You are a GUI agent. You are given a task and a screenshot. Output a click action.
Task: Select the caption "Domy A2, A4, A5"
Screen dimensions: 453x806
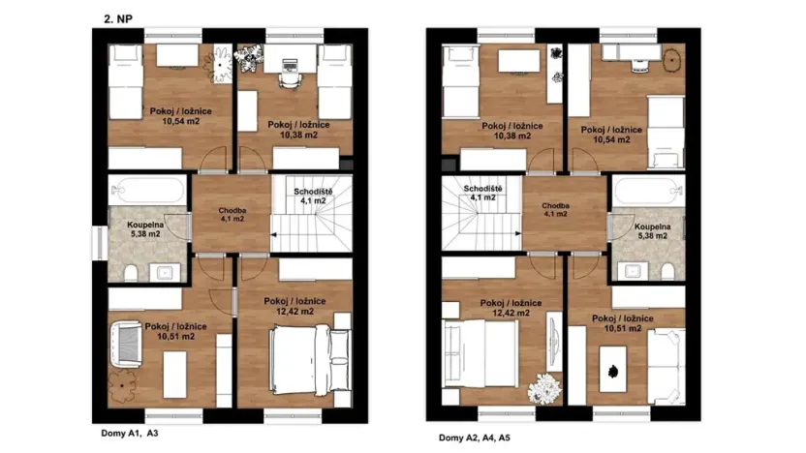click(473, 438)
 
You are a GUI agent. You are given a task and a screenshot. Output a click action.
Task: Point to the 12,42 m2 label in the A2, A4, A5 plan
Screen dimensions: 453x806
click(504, 314)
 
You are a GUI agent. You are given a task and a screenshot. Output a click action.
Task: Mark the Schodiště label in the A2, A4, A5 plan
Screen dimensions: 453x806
click(481, 188)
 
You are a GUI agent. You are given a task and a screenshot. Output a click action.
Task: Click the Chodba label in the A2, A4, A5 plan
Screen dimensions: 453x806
click(556, 206)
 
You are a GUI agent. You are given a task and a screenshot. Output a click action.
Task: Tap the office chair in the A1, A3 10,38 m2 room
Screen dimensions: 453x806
click(291, 66)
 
